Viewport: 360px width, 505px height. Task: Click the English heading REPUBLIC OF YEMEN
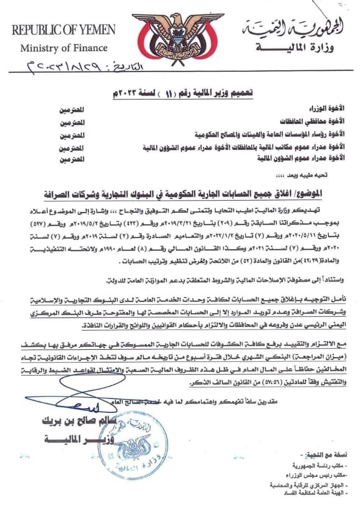(64, 30)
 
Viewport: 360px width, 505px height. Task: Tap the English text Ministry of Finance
(64, 48)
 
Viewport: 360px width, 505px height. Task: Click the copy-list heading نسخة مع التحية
(323, 455)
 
